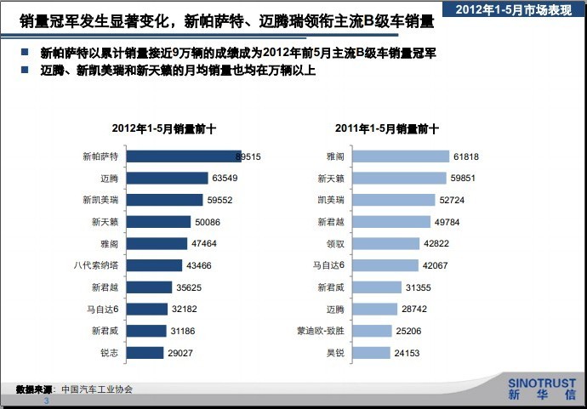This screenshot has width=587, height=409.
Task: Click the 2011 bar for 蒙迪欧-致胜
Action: tap(372, 331)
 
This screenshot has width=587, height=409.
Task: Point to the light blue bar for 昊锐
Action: tap(370, 353)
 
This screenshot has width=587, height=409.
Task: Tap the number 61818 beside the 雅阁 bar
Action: tap(466, 157)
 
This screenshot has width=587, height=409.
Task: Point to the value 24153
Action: tap(407, 353)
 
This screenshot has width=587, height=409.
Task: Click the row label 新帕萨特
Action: tap(100, 157)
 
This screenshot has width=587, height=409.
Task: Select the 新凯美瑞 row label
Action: tap(100, 201)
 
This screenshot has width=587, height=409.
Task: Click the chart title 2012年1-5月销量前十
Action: tap(164, 129)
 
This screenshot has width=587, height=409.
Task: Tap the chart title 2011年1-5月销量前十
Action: tap(387, 129)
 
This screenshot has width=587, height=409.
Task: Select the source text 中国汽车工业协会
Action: tap(97, 389)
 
